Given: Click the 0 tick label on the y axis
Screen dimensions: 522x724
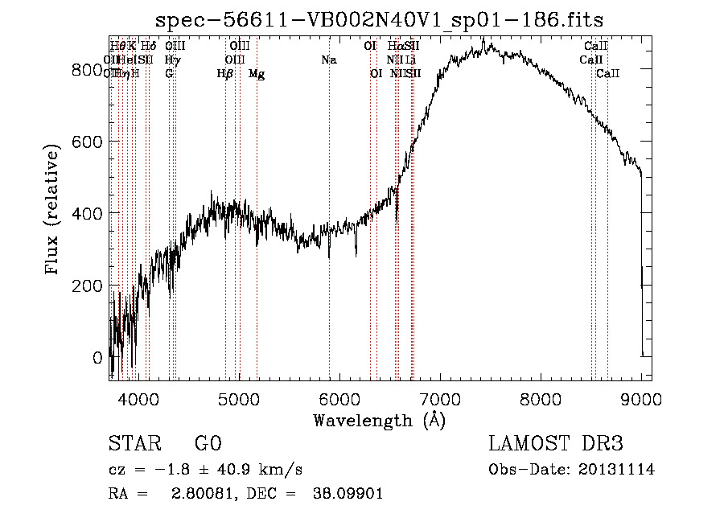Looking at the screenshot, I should [97, 357].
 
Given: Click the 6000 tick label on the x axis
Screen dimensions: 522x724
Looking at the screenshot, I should [340, 398].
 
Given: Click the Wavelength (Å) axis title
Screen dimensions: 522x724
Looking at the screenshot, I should [379, 420].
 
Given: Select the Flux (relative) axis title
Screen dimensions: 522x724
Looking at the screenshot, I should [53, 211].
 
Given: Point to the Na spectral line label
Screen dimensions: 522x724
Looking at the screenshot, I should [328, 60].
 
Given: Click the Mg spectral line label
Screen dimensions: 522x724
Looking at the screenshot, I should [257, 74].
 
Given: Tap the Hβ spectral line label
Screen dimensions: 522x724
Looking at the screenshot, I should [225, 74].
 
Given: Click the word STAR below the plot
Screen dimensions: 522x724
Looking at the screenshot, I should [134, 444].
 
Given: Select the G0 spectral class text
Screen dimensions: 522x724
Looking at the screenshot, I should [208, 444].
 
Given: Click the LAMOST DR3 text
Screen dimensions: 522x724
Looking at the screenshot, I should [556, 444].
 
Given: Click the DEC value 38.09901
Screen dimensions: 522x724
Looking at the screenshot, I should [348, 494].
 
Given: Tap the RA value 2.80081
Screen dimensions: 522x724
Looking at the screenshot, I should [200, 494].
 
